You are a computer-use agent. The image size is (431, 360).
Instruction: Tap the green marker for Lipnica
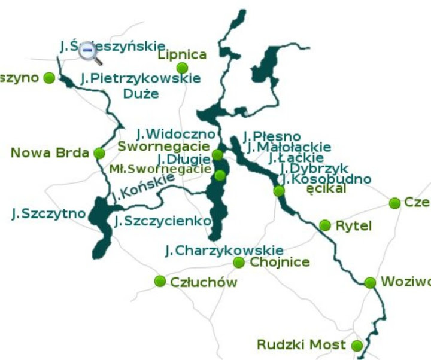[182, 68]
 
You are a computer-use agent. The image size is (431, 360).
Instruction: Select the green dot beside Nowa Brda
[99, 154]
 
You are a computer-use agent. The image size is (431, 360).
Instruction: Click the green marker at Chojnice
[239, 263]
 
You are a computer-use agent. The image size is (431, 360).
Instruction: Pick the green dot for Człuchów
[160, 281]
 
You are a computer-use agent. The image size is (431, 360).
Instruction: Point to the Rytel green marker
[324, 225]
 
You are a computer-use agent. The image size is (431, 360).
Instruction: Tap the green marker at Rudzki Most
[357, 346]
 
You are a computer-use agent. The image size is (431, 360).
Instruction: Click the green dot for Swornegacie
[218, 155]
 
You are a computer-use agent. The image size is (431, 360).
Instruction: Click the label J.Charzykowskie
[224, 250]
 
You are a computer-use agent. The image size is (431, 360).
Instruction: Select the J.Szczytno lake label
[48, 213]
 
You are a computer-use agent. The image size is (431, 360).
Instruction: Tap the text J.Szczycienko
[163, 221]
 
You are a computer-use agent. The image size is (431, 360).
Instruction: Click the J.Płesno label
[272, 136]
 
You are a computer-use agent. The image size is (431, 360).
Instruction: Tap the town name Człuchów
[204, 282]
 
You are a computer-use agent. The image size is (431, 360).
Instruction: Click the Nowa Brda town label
[50, 153]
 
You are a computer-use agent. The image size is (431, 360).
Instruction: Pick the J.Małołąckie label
[289, 147]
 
